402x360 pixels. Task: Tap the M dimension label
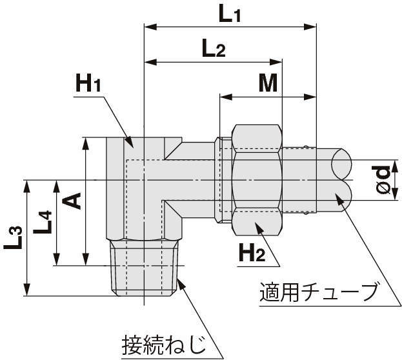click(x=268, y=83)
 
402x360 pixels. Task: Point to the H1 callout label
click(x=88, y=83)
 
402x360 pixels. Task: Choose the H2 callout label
click(x=252, y=252)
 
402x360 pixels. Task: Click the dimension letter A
click(x=72, y=201)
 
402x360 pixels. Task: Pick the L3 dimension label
click(x=13, y=238)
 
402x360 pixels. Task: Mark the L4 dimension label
click(x=43, y=223)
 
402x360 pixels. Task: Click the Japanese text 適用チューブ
click(x=319, y=292)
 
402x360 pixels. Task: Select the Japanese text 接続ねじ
click(x=163, y=345)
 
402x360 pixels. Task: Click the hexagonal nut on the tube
click(x=257, y=180)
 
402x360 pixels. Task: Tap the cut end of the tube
click(x=341, y=179)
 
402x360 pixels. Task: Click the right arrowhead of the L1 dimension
click(x=310, y=26)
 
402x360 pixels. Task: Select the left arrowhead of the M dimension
click(x=226, y=97)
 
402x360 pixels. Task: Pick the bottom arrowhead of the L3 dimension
click(x=27, y=290)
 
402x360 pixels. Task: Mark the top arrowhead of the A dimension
click(x=86, y=144)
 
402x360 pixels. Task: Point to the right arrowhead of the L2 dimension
click(x=276, y=62)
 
